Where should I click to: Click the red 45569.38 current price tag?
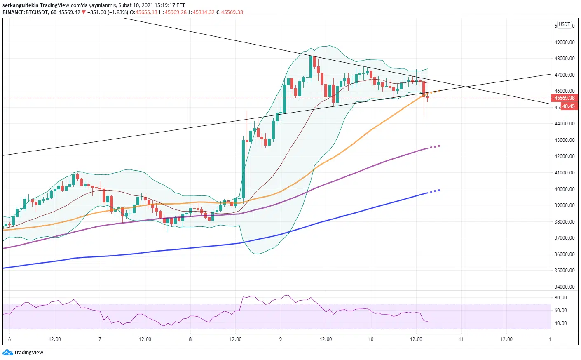click(x=564, y=98)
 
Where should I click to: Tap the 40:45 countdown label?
click(x=568, y=106)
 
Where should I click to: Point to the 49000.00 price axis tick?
click(x=564, y=42)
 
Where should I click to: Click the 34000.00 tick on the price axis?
click(x=564, y=287)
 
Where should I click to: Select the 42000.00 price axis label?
click(x=564, y=156)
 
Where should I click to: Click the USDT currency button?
click(x=564, y=24)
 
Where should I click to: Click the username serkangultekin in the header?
click(x=20, y=5)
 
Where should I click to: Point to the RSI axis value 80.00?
click(x=560, y=298)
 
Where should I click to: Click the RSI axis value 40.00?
click(x=560, y=323)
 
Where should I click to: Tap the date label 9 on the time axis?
click(x=281, y=339)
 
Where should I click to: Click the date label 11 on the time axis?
click(x=461, y=339)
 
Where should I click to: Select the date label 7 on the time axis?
click(x=100, y=339)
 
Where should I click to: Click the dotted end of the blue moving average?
click(x=435, y=191)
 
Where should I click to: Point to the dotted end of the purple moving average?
click(x=435, y=146)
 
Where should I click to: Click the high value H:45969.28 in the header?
click(x=173, y=12)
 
